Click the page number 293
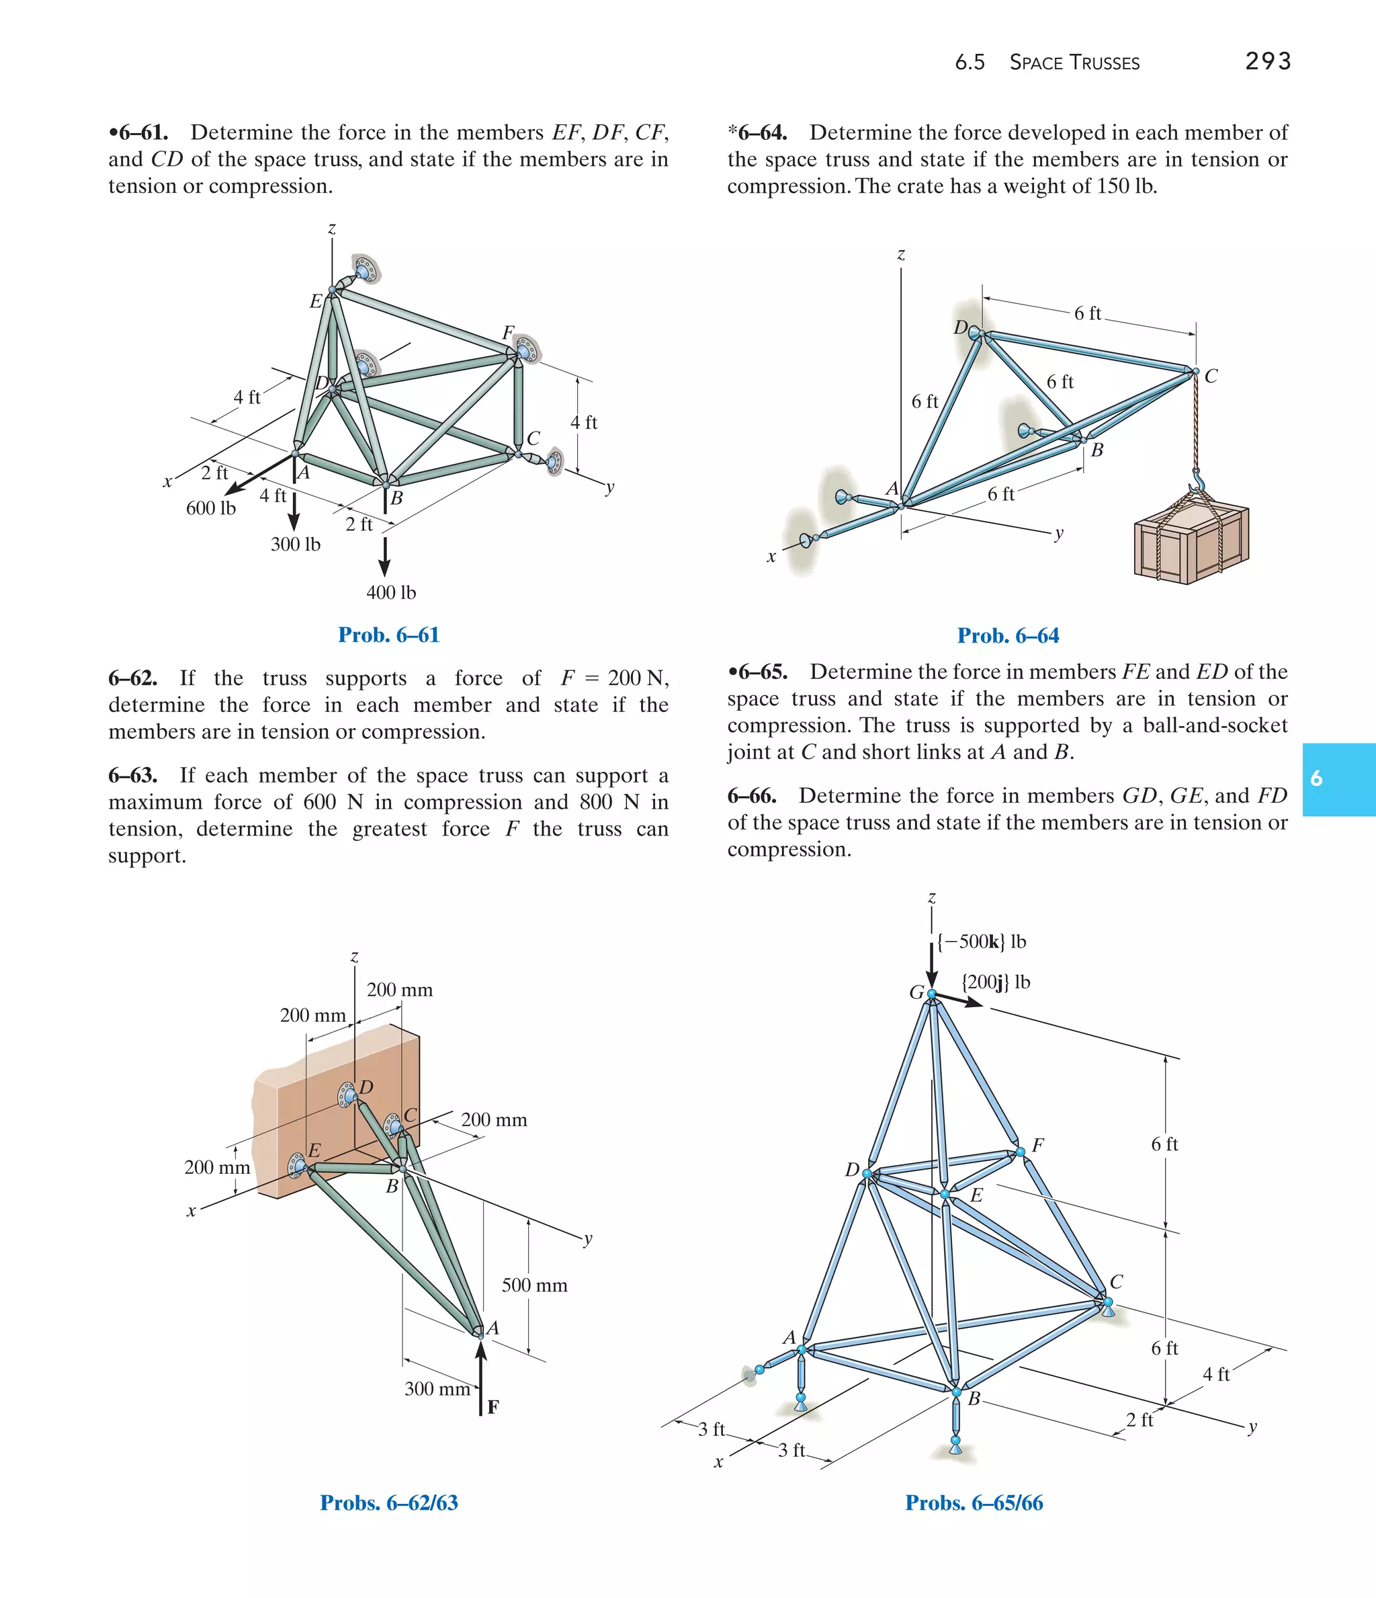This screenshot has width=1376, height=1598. [x=1267, y=61]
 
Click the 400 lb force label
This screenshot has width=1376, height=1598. [x=391, y=592]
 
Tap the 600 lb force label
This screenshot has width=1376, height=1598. [x=210, y=508]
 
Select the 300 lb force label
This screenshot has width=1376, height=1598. [x=295, y=545]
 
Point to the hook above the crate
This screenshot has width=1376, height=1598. [x=1197, y=482]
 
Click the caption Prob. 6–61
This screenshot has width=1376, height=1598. [x=388, y=635]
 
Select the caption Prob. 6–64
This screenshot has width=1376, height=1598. [x=1008, y=635]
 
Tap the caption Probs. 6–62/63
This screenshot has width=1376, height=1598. [x=388, y=1503]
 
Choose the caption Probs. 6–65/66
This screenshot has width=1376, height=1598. [x=974, y=1503]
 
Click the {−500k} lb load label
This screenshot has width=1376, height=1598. [x=982, y=942]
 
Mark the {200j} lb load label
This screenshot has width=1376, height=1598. [x=995, y=982]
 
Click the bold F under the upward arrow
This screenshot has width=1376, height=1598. [x=492, y=1406]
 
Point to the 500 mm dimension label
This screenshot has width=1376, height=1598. [x=534, y=1285]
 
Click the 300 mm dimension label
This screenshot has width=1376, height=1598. [x=437, y=1389]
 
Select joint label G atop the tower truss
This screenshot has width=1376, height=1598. [x=916, y=992]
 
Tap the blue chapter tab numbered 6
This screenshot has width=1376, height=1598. [x=1338, y=779]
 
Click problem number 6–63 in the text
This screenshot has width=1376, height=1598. [x=132, y=775]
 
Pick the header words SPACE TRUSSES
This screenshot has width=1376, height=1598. [x=1074, y=63]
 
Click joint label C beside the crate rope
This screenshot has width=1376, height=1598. [x=1211, y=376]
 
